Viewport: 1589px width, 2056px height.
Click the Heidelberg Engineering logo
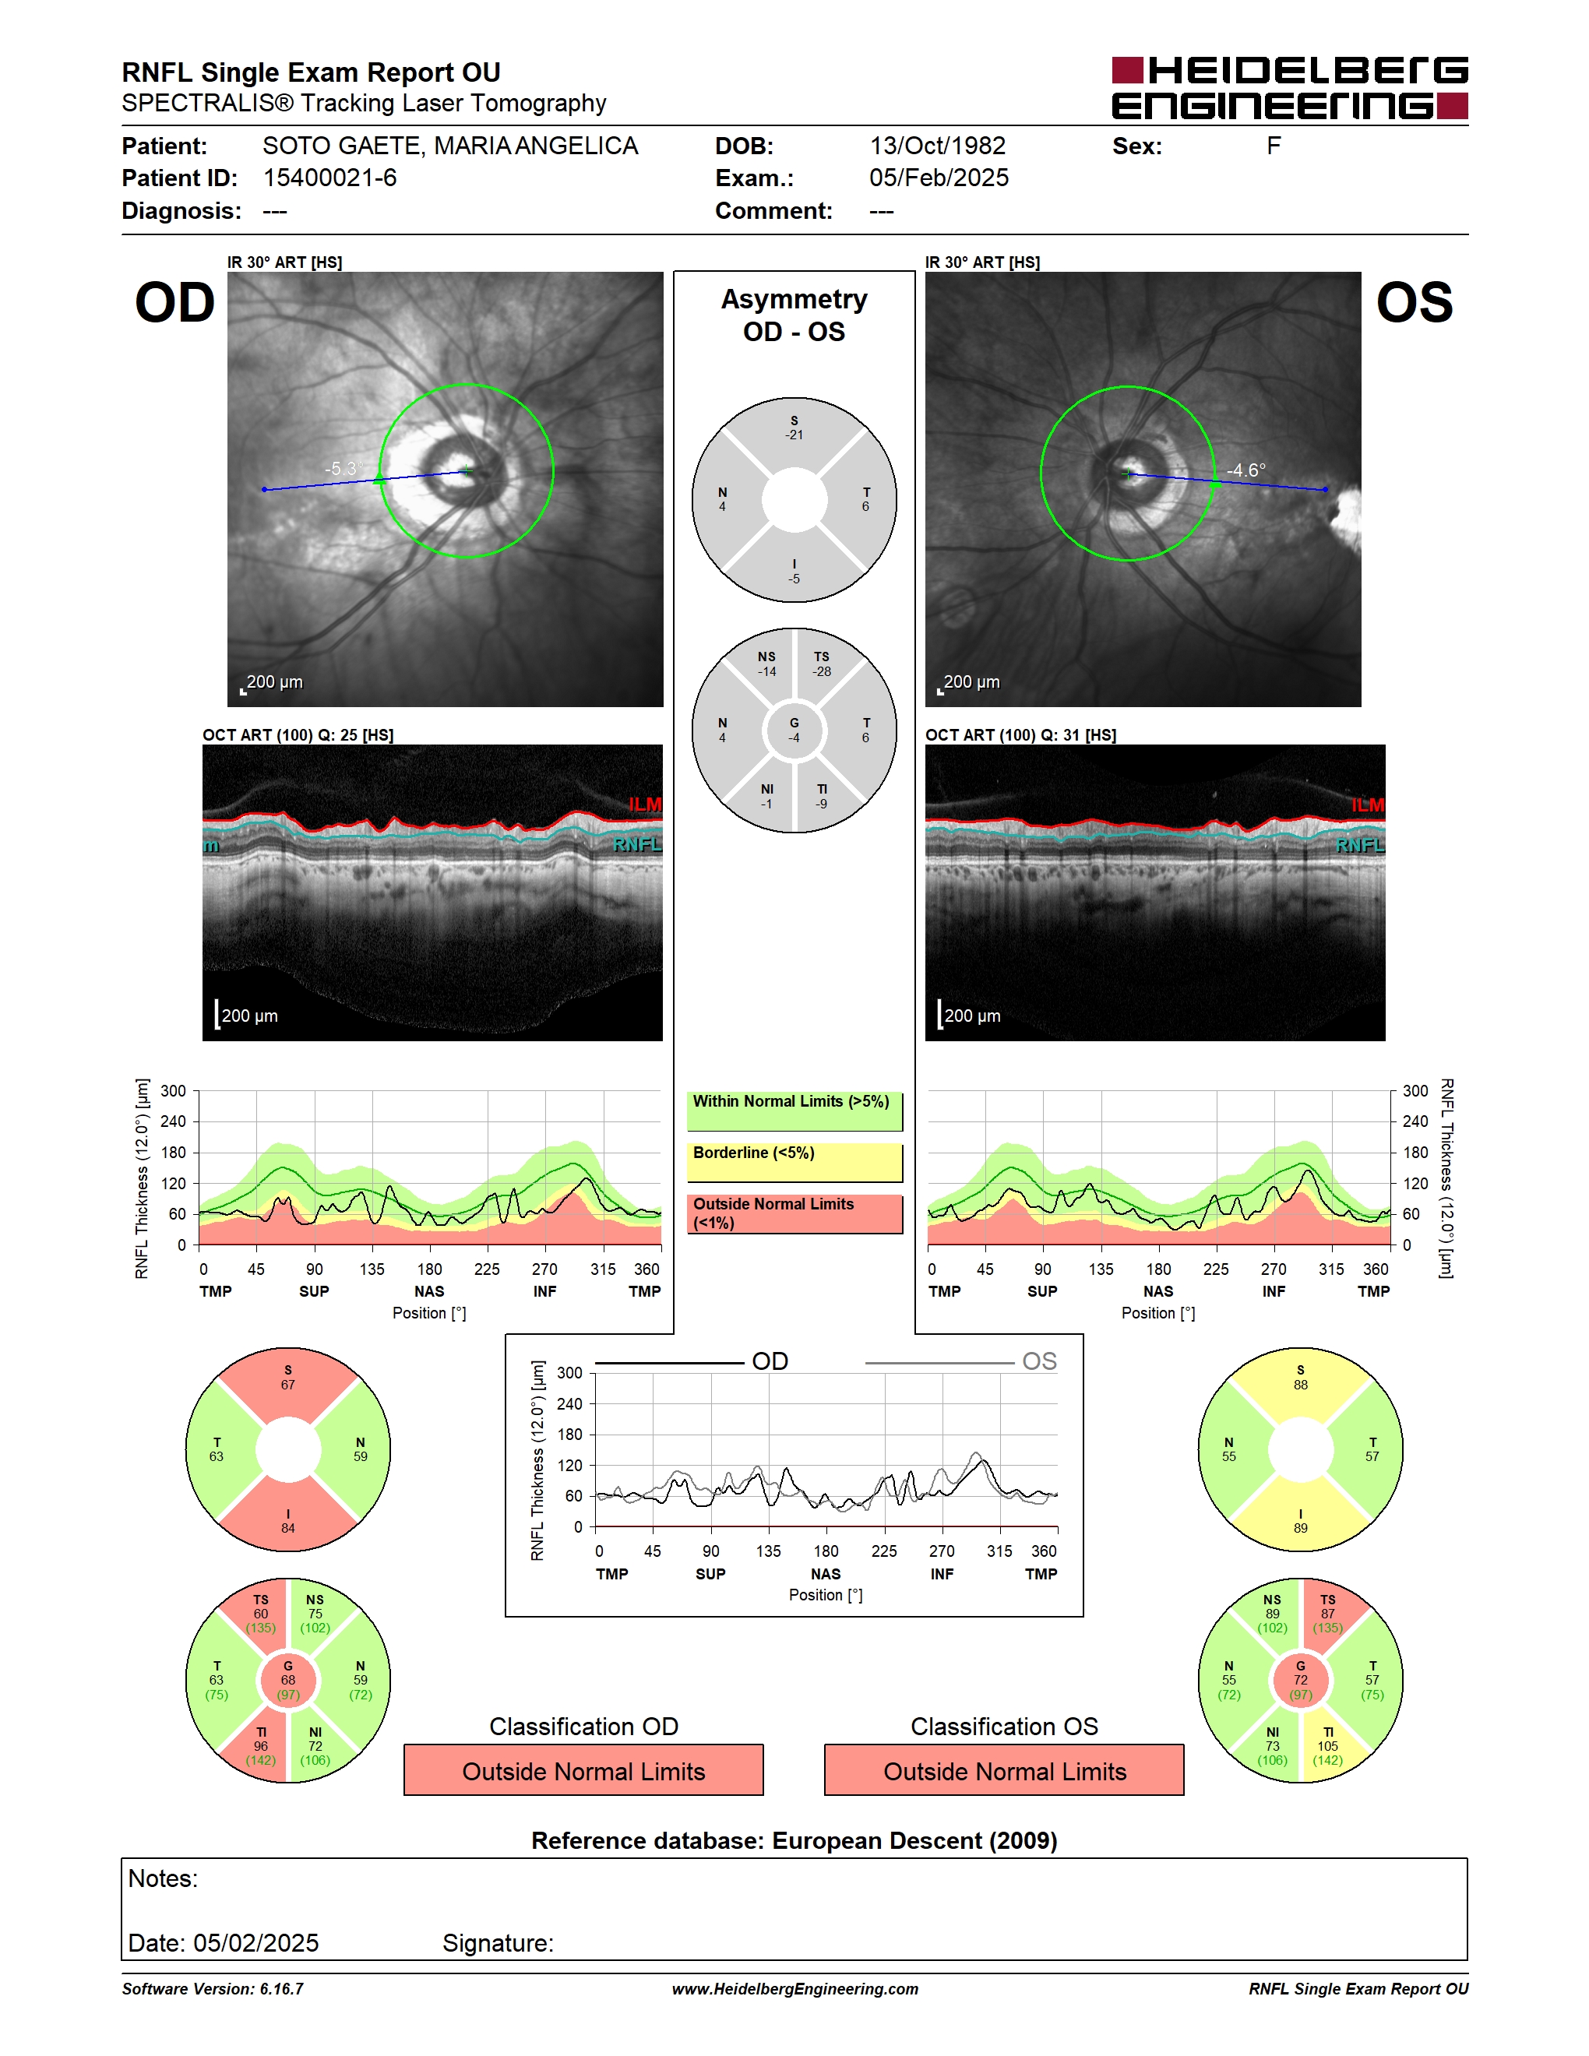coord(1290,87)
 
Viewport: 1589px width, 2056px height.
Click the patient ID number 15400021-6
coord(329,178)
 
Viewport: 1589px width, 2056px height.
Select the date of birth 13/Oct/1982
coord(938,146)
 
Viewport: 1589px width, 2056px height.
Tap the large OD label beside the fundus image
coord(175,303)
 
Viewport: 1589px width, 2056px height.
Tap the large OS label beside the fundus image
coord(1415,303)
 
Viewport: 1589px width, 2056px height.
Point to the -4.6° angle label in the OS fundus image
coord(1246,470)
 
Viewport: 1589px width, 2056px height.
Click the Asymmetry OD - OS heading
coord(794,315)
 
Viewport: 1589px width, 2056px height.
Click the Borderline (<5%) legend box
coord(794,1163)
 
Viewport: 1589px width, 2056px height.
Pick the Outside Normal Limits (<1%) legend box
coord(794,1213)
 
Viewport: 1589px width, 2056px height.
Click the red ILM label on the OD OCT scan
coord(645,804)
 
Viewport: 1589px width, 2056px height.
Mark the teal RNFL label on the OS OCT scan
coord(1360,845)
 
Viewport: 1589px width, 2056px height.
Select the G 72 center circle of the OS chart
coord(1300,1681)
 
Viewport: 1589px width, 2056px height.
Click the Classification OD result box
coord(583,1771)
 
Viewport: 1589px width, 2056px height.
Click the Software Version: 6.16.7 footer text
coord(213,1989)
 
